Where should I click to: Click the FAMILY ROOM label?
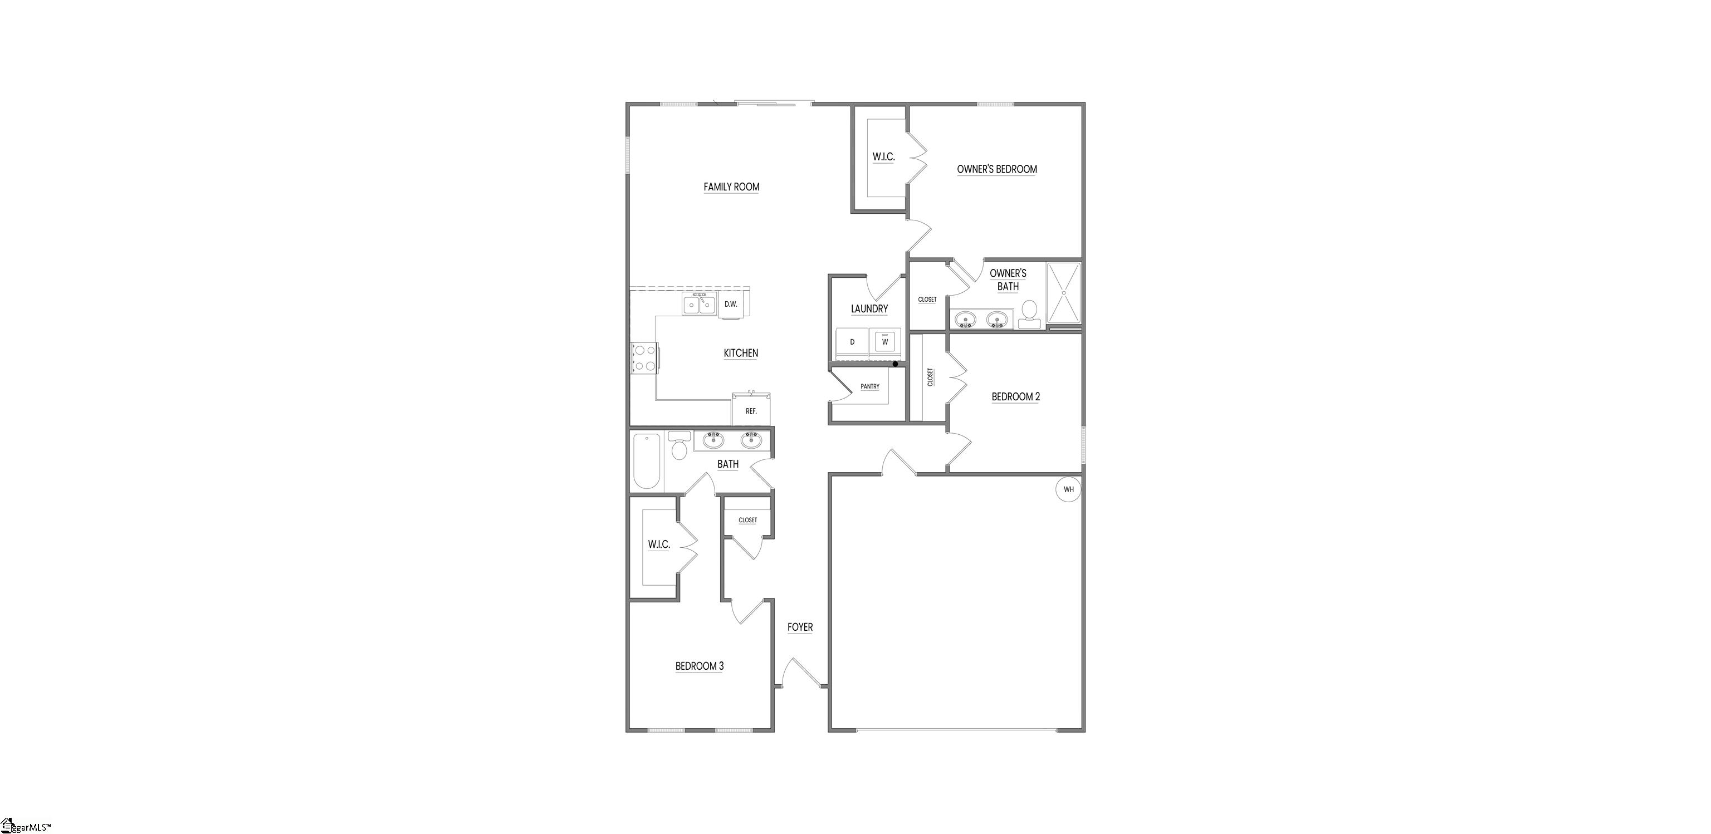tap(731, 187)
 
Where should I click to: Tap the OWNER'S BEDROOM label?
tap(996, 169)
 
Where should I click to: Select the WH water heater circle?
tap(1068, 490)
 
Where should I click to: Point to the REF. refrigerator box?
tap(751, 410)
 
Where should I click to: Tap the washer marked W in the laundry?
tap(884, 342)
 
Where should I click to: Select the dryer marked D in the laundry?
tap(852, 342)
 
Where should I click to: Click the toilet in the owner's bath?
tap(1029, 313)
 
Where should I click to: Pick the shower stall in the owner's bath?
tap(1064, 293)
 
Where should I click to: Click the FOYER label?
tap(800, 627)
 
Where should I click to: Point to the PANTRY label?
tap(869, 386)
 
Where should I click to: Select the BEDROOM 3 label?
tap(700, 666)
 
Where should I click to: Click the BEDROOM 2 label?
tap(1015, 397)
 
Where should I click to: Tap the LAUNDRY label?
tap(869, 309)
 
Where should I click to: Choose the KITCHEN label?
tap(741, 354)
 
